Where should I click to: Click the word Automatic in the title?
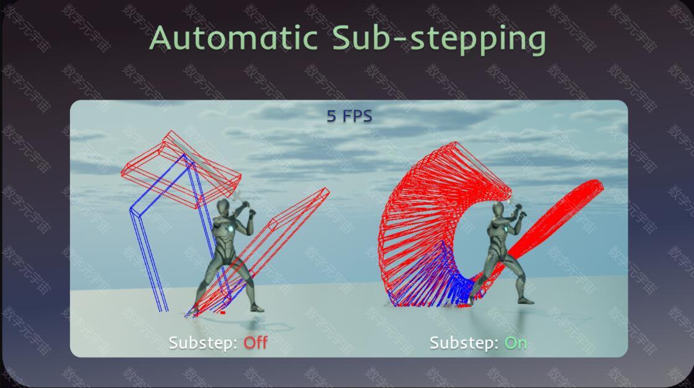point(233,38)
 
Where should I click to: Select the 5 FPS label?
point(349,116)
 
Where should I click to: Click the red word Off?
point(256,342)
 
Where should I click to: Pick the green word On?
point(516,342)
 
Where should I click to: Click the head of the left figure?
point(223,207)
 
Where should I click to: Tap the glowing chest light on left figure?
point(230,229)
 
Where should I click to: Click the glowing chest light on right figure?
point(505,228)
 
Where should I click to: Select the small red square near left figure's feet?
point(223,313)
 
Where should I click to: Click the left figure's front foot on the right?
point(256,308)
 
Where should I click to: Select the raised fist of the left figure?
point(253,214)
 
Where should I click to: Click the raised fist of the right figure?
point(523,215)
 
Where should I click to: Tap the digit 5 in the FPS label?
point(331,116)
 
